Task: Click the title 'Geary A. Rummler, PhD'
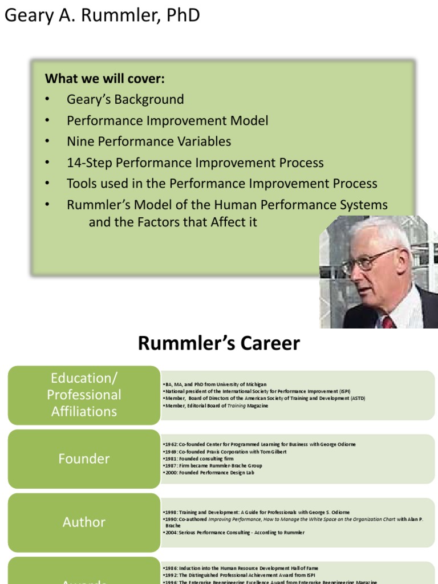coord(103,15)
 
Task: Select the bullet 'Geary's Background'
coord(125,99)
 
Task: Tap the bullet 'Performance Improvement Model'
coord(167,120)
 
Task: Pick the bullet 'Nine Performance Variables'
coord(149,141)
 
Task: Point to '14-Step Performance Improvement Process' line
coord(195,163)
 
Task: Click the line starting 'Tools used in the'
coord(222,184)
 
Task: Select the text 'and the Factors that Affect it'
coord(173,222)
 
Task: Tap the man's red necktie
coord(388,322)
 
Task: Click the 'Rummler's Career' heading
coord(218,343)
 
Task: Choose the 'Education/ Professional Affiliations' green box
coord(84,395)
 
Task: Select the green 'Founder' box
coord(84,459)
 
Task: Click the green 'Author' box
coord(84,522)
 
